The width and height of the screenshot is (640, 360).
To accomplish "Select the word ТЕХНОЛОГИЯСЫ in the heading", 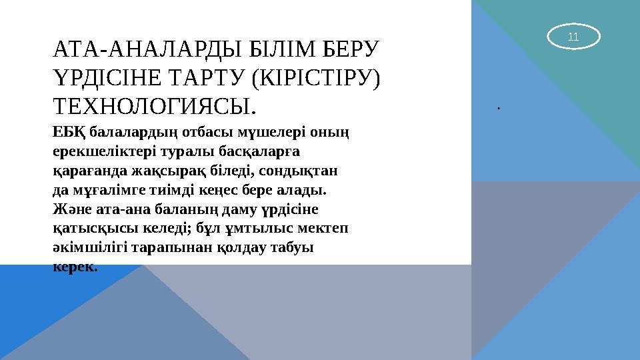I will pos(151,107).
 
